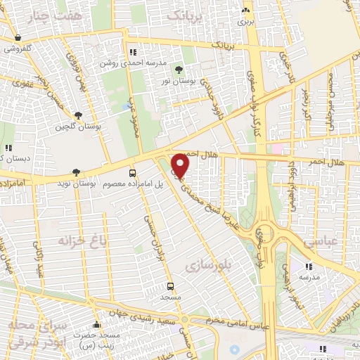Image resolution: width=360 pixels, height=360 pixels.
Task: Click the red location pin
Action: (x=181, y=165)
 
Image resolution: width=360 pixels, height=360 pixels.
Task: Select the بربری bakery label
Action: (x=245, y=21)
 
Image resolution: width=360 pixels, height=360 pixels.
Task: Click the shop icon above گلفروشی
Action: (x=18, y=38)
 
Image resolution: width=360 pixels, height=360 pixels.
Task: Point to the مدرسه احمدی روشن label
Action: (x=160, y=63)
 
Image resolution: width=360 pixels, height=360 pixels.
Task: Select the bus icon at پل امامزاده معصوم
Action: (x=132, y=173)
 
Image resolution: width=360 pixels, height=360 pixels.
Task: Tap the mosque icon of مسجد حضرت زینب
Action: (x=96, y=326)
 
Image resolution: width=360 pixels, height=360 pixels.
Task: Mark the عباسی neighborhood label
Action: (x=319, y=243)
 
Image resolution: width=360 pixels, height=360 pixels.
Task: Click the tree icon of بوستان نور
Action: (x=179, y=69)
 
